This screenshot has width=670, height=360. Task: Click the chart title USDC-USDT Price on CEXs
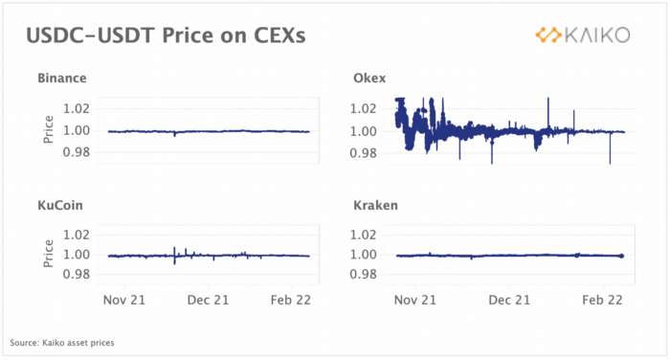[166, 35]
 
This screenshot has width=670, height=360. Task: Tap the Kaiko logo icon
[548, 35]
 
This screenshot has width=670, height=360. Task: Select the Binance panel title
[62, 79]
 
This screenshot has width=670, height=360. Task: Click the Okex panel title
[369, 79]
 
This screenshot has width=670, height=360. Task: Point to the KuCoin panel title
[60, 205]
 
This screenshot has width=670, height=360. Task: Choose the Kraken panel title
[375, 205]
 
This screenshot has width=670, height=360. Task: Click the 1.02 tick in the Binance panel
[77, 108]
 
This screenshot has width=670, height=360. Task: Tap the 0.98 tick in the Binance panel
[77, 152]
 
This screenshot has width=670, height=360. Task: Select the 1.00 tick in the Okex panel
[364, 131]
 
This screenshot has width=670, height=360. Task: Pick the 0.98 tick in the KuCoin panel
[77, 274]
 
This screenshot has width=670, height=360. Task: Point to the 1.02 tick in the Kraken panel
[364, 235]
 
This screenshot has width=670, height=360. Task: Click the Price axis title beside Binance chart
[48, 129]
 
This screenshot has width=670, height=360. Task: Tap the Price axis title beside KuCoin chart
[48, 254]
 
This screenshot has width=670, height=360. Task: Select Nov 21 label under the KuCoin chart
[124, 300]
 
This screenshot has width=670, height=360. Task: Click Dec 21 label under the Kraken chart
[509, 300]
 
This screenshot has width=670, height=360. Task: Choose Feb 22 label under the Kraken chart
[602, 300]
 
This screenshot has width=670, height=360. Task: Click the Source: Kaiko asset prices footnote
[62, 343]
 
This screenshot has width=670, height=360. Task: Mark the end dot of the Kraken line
[622, 256]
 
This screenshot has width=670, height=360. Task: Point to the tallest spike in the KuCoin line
[174, 256]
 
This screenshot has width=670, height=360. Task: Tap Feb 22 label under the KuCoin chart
[291, 300]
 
